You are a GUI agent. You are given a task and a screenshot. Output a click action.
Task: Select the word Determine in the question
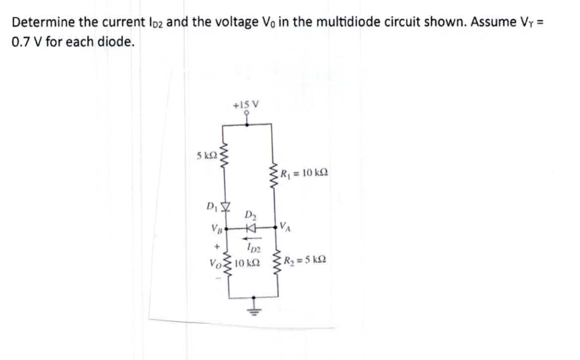point(42,23)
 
